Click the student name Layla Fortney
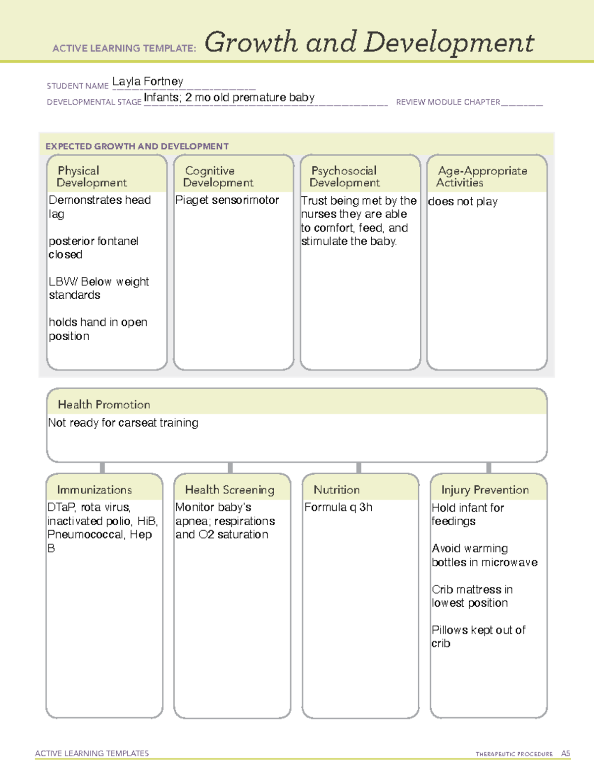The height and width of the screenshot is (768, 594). click(x=148, y=82)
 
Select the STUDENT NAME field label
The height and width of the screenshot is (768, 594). click(x=77, y=86)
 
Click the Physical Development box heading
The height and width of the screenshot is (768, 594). click(x=92, y=177)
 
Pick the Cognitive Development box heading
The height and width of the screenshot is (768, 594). click(x=218, y=177)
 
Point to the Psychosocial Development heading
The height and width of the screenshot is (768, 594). click(x=345, y=177)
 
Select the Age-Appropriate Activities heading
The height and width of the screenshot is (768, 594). click(x=482, y=177)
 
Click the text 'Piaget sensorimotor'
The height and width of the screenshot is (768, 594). click(x=227, y=200)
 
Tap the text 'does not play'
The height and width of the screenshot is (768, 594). click(x=463, y=201)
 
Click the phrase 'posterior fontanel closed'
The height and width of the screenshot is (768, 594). click(x=93, y=248)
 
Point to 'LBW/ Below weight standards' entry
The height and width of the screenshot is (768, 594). click(x=99, y=288)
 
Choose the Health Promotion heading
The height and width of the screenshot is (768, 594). click(x=104, y=405)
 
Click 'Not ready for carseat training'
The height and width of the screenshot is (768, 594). click(x=123, y=423)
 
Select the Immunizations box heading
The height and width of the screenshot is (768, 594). click(x=94, y=490)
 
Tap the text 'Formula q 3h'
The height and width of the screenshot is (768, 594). click(x=338, y=507)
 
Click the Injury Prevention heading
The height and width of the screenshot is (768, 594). click(x=485, y=490)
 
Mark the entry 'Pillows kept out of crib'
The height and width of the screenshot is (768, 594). click(x=478, y=636)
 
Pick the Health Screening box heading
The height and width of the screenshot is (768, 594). click(x=230, y=490)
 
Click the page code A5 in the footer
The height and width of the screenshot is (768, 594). click(x=565, y=754)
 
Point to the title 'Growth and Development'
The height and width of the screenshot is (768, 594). click(x=369, y=43)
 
